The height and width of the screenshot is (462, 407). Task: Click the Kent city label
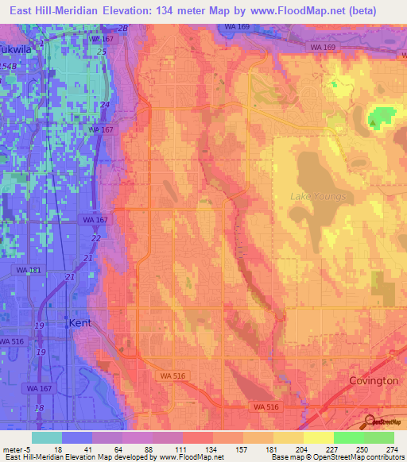point(80,323)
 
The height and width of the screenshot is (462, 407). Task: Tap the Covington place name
point(373,380)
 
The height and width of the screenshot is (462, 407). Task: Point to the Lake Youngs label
point(318,196)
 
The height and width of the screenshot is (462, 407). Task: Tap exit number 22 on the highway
point(95,238)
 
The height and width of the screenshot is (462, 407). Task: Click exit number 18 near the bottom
point(40,407)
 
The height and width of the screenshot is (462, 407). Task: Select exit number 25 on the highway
point(101,52)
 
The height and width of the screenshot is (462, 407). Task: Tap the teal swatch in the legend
point(47,437)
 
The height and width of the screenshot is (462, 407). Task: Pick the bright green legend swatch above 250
point(348,437)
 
